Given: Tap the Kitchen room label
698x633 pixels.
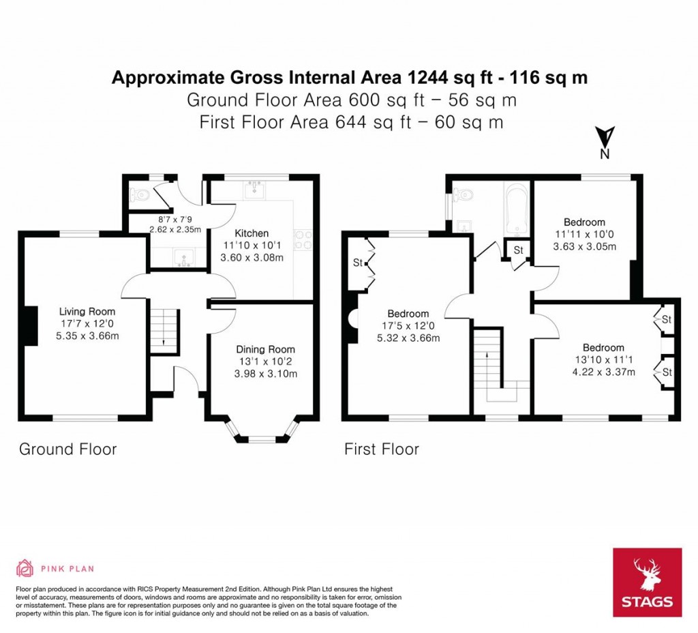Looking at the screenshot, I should pos(252,233).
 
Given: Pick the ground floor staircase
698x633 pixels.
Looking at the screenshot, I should pos(164,331).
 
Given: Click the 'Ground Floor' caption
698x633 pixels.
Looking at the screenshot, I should pos(67,449).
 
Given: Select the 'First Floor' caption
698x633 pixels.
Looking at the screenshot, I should pos(381,449).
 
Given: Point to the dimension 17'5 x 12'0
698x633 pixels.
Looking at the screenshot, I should pos(409,326).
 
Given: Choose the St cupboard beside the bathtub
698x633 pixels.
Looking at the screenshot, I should pos(518,250).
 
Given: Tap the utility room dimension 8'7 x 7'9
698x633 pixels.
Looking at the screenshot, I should pos(175,220).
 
